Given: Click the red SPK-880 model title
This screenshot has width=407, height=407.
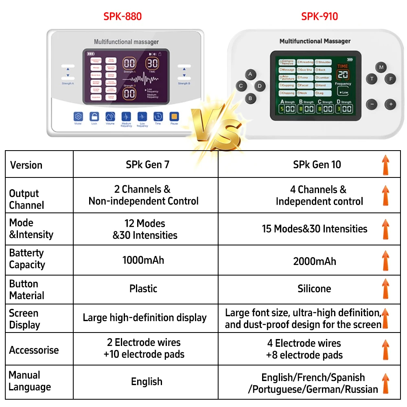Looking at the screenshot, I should (x=123, y=16).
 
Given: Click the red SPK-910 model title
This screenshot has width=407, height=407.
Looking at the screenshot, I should (x=319, y=16).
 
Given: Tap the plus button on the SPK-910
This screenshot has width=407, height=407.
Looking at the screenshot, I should (x=390, y=104).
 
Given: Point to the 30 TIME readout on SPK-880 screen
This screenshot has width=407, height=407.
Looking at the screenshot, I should (x=153, y=64).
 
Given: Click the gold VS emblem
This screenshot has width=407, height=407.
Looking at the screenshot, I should (x=215, y=127).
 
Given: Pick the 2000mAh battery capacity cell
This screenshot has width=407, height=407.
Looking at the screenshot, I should (x=315, y=261).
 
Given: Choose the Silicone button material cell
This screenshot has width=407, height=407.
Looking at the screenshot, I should (x=314, y=289).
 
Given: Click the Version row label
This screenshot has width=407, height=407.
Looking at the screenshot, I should (x=26, y=165).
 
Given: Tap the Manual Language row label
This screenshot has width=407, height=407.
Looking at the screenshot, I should (x=30, y=381).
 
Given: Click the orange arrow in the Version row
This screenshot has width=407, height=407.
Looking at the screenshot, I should (x=385, y=165).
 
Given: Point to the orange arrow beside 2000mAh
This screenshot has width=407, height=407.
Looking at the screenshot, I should (x=385, y=261).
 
